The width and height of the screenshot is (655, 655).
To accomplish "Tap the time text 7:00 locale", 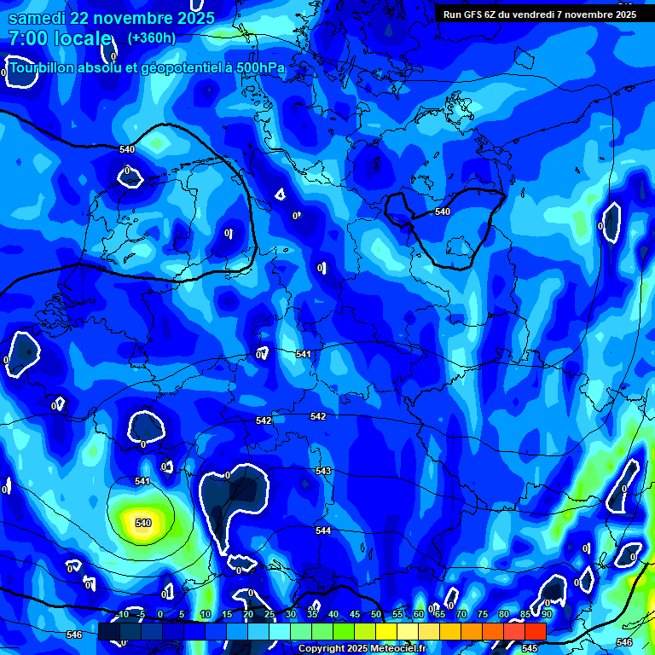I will tap(60, 38).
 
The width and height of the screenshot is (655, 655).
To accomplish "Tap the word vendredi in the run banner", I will tap(536, 14).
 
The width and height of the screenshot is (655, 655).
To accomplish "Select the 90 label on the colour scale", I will tap(546, 614).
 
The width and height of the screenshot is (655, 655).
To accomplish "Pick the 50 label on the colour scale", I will tap(376, 614).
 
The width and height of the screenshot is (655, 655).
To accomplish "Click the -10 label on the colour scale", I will tap(122, 614).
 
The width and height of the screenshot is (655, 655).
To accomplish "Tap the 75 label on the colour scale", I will tap(483, 614).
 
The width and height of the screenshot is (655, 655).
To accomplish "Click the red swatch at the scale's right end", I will tap(535, 631).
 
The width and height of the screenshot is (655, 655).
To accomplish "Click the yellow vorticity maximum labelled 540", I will tap(142, 523).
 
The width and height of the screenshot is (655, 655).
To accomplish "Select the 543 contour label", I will tap(323, 471).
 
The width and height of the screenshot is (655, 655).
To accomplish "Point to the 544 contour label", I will tap(323, 530).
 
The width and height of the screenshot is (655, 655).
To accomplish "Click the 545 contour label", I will tap(529, 648).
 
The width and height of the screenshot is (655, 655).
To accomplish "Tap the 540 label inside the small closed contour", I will tap(442, 212).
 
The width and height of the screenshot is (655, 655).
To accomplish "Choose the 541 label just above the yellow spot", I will tap(142, 482).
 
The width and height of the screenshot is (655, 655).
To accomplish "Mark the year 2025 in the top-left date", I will tap(195, 18).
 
